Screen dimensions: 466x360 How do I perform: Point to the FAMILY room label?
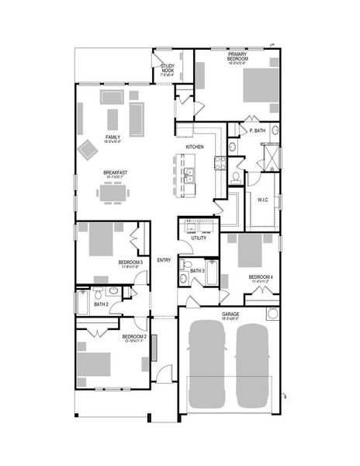[112, 137]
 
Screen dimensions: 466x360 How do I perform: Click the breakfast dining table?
[112, 193]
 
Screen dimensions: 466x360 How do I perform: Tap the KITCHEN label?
[195, 147]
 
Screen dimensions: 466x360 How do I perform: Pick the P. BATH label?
[258, 131]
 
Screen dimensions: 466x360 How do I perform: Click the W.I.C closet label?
[263, 200]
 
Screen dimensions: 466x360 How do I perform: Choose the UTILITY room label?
[199, 238]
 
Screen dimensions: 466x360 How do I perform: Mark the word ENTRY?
[164, 260]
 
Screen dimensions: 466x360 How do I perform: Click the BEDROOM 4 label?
[261, 276]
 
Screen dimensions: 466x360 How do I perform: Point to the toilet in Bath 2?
[98, 294]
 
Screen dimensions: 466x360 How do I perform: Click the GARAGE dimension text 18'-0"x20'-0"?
[230, 318]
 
